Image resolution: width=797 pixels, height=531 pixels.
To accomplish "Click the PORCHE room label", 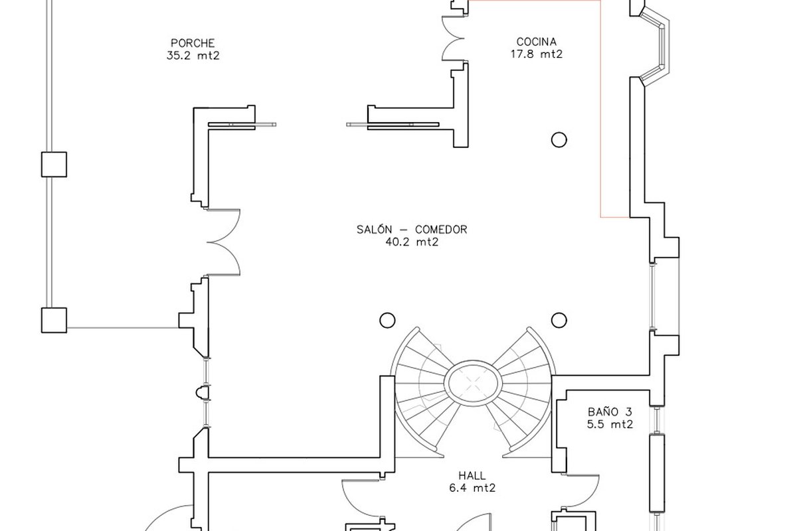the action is tap(193, 43).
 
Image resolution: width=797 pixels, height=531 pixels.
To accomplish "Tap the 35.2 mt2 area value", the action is tap(193, 56).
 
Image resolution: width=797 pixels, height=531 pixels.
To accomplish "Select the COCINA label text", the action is tap(537, 42).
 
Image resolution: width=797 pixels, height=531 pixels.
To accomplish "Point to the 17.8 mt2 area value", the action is tap(537, 54).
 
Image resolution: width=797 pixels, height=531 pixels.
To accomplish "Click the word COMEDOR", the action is tap(441, 230).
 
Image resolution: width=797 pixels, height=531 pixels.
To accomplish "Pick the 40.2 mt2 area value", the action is tap(412, 242).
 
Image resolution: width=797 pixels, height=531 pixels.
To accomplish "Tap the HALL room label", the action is tap(472, 475).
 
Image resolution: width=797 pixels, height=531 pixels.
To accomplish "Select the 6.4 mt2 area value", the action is tap(472, 488).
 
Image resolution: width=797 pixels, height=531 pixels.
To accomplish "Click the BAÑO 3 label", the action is tap(610, 412).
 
